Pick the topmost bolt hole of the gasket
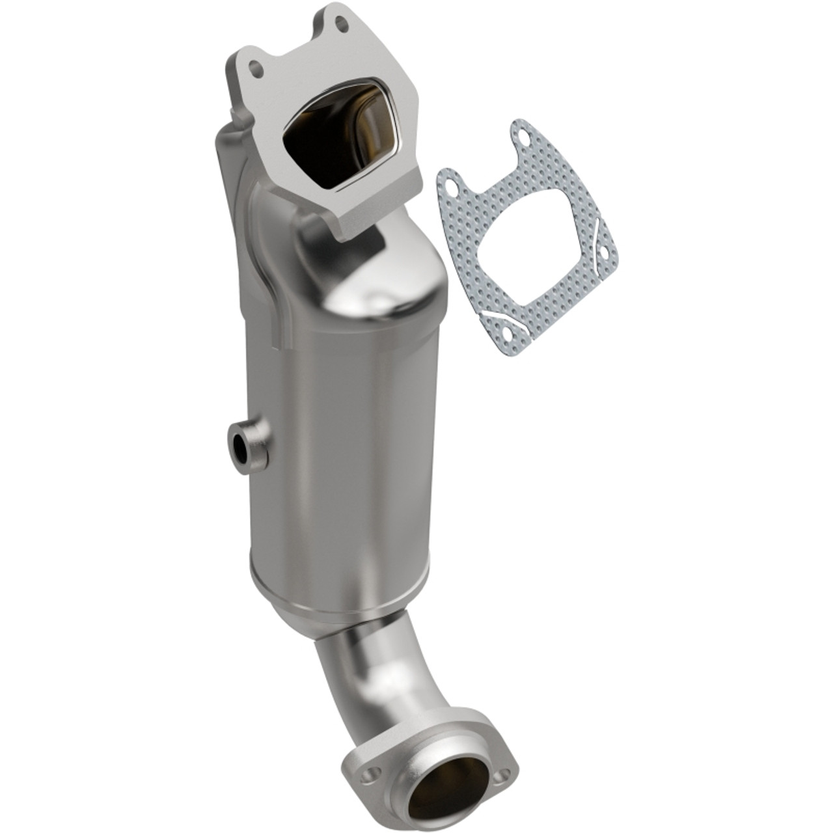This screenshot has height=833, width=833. pyautogui.click(x=525, y=137)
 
